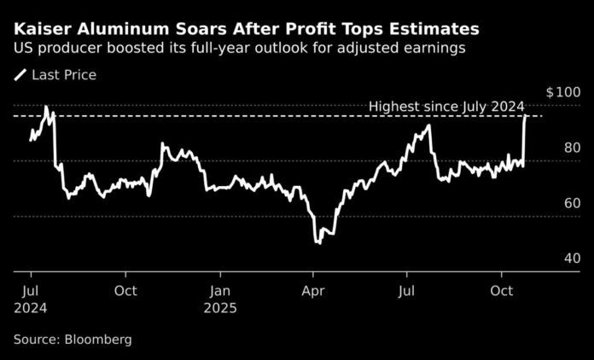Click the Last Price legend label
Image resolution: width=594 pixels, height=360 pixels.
pyautogui.click(x=64, y=75)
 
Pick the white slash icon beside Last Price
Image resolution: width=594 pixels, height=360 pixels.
pyautogui.click(x=20, y=75)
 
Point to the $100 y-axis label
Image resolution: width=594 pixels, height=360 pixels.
pyautogui.click(x=563, y=91)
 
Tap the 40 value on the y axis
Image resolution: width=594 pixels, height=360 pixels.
pyautogui.click(x=573, y=258)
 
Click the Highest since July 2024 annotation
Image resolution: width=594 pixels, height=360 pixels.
pyautogui.click(x=445, y=107)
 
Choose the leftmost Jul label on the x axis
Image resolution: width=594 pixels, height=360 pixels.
pyautogui.click(x=31, y=291)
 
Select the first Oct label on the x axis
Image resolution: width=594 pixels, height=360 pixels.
pyautogui.click(x=125, y=291)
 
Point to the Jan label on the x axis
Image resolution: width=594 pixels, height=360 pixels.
pyautogui.click(x=220, y=291)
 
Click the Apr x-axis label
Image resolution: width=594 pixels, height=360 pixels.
pyautogui.click(x=313, y=291)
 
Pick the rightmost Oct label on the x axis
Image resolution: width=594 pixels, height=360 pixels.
pyautogui.click(x=502, y=291)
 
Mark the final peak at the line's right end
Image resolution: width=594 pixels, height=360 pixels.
pyautogui.click(x=525, y=116)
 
